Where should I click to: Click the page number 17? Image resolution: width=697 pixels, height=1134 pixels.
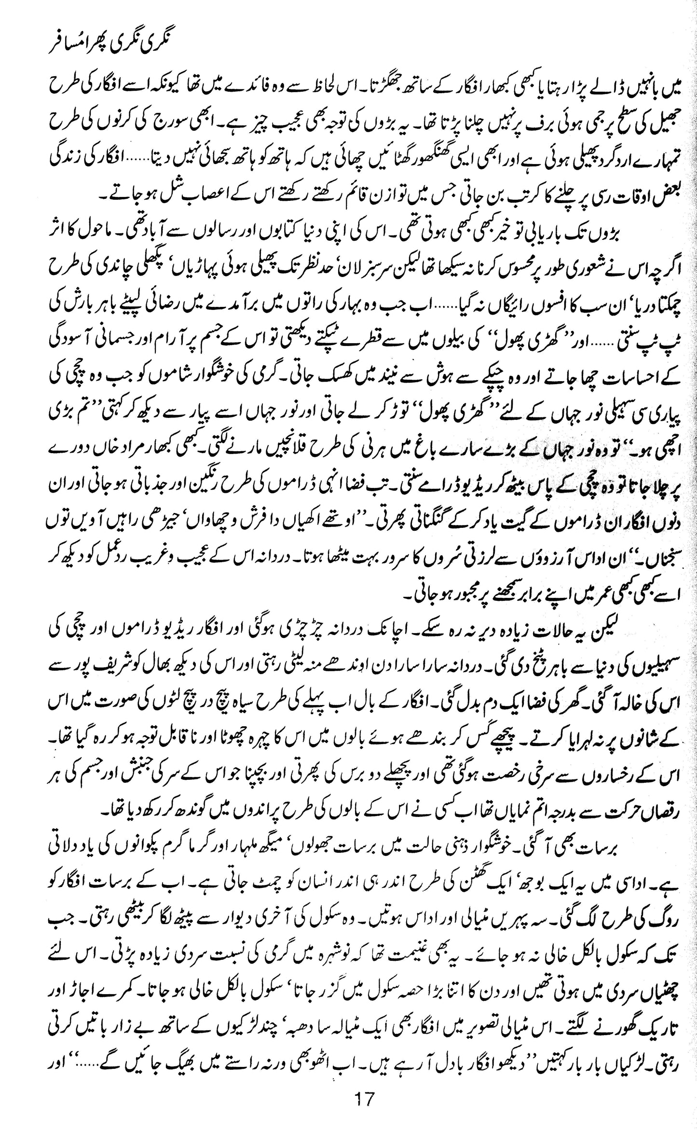pos(364,1112)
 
